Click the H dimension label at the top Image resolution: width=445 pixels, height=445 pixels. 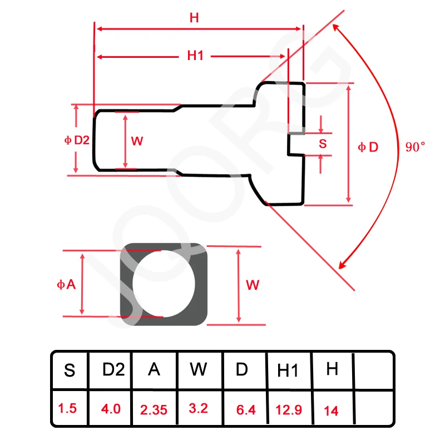point(194,17)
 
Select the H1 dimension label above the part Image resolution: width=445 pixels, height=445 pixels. point(196,56)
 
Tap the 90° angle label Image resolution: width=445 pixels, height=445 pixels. point(415,147)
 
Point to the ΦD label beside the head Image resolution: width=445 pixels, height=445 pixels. point(368,147)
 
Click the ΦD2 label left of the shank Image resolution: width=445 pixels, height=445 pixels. point(77,140)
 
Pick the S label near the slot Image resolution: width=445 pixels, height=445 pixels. point(323,143)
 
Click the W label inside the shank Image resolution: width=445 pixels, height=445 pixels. point(137,141)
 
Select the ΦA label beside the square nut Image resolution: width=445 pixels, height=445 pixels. point(66,284)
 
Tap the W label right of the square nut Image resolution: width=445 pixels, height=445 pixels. point(253,285)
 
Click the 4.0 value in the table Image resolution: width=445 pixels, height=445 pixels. point(111,409)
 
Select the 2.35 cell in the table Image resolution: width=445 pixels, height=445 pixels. point(154,410)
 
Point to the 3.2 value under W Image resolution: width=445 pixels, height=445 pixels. point(198,408)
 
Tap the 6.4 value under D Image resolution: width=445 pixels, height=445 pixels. point(245,410)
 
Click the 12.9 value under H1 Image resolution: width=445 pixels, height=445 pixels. point(289,410)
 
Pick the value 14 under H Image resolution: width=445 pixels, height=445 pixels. point(331,411)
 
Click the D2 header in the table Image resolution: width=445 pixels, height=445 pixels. point(113,369)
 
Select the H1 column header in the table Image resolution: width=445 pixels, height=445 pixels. point(288,371)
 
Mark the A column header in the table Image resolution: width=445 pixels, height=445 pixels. point(154,369)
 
